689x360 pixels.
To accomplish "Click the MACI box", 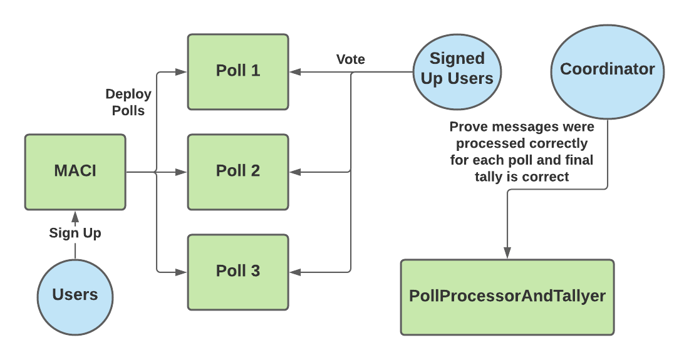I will (75, 171).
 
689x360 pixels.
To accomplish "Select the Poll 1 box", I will (238, 71).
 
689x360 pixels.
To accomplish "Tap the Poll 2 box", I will (238, 171).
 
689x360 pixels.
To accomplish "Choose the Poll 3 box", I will (238, 271).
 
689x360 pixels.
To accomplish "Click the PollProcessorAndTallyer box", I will (507, 296).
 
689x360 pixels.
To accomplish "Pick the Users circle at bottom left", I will (75, 295).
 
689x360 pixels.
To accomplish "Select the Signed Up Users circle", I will (457, 68).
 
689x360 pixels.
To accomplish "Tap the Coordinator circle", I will (607, 69).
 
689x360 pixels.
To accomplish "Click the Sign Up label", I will (75, 233).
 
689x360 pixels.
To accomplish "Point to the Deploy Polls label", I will (128, 102).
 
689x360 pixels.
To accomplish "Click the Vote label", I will (351, 59).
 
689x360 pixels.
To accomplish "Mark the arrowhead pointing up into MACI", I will (75, 216).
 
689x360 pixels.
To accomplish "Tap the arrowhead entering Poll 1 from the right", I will (295, 72).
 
